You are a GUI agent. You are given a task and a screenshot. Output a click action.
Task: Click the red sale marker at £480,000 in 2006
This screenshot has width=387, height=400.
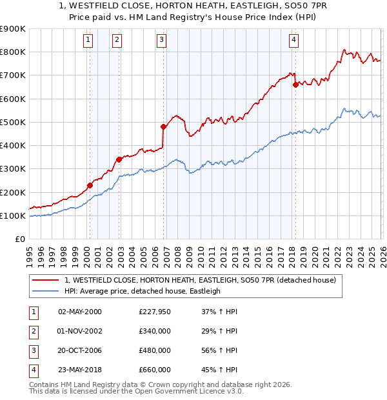163,126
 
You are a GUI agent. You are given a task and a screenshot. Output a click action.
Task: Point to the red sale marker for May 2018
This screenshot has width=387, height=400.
295,84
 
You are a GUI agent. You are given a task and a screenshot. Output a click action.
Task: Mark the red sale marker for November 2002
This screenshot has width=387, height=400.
119,159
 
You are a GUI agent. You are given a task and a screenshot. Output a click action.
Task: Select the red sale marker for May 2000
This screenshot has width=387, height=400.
90,186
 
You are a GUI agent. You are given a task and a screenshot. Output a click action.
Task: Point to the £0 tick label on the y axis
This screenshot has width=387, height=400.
19,239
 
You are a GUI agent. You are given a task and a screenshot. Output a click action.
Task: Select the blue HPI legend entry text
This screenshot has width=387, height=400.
143,291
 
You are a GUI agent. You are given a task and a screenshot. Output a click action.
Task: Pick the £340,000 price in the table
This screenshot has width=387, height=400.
155,331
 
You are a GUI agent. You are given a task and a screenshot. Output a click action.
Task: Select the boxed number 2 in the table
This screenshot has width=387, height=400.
32,331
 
